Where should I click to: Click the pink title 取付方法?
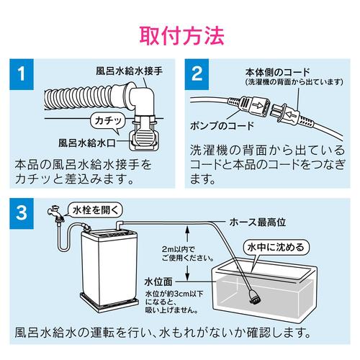[x=181, y=36]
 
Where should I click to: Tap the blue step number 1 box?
[x=22, y=74]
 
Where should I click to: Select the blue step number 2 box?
[x=197, y=74]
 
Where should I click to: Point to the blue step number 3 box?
[x=22, y=213]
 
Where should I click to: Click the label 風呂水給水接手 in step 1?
[x=130, y=71]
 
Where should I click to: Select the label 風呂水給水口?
[x=87, y=143]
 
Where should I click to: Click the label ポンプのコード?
[x=222, y=125]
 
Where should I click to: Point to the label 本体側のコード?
[x=278, y=72]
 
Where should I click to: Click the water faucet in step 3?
[x=56, y=213]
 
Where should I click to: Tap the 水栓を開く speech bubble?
[x=96, y=210]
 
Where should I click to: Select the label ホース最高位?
[x=258, y=222]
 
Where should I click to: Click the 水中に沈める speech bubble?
[x=276, y=247]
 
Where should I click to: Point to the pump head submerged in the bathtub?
[x=254, y=297]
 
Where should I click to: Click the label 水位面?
[x=158, y=282]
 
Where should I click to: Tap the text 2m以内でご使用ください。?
[x=188, y=253]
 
